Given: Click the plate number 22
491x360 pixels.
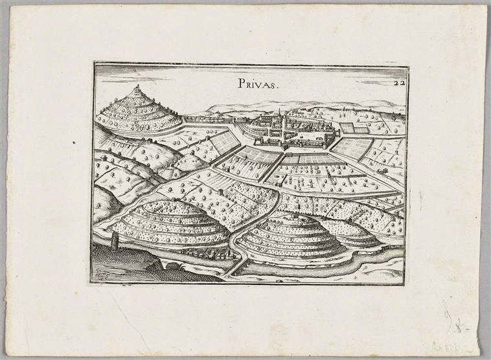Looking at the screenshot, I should coord(398,82).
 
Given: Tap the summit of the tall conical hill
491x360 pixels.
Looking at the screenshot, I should coord(137,88).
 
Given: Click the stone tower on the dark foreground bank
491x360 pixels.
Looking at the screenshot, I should coord(115,242).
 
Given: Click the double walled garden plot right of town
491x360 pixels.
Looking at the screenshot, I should coord(354,128).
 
